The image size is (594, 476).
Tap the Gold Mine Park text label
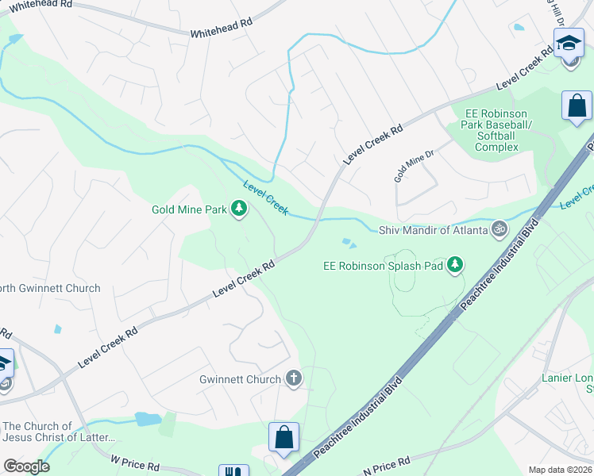189,210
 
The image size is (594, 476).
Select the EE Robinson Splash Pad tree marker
455,264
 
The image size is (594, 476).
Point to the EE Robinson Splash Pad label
383,267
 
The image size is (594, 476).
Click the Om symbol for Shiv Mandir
499,230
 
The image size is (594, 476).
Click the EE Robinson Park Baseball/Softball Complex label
496,130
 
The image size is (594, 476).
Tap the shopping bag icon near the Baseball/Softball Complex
577,106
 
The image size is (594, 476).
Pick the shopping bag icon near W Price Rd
283,437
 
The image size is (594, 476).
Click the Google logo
26,466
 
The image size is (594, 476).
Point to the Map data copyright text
560,470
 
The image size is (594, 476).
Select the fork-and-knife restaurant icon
233,471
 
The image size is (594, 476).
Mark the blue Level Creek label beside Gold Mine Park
265,193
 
